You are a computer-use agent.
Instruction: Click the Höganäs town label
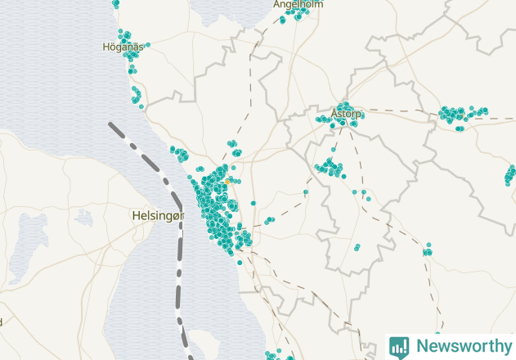click(x=123, y=47)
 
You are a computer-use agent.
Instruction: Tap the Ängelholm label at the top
click(x=298, y=4)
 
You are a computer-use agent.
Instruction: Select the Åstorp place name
click(x=346, y=114)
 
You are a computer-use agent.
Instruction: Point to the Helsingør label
click(x=159, y=215)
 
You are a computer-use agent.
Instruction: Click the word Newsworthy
click(x=461, y=345)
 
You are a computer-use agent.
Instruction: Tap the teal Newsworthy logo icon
click(x=399, y=346)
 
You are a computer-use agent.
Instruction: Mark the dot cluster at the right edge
click(x=510, y=173)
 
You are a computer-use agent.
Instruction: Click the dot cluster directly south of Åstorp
click(x=330, y=168)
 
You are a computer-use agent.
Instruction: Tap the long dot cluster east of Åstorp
click(x=460, y=114)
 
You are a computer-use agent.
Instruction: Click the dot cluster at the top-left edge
click(x=115, y=3)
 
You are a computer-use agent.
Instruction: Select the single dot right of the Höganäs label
click(x=148, y=45)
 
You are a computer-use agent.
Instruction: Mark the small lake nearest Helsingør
click(x=83, y=218)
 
